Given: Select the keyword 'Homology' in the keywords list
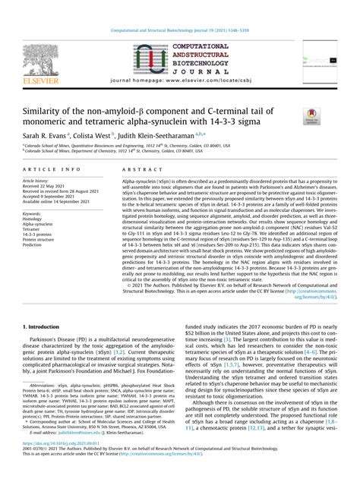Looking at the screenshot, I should [x=36, y=216].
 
